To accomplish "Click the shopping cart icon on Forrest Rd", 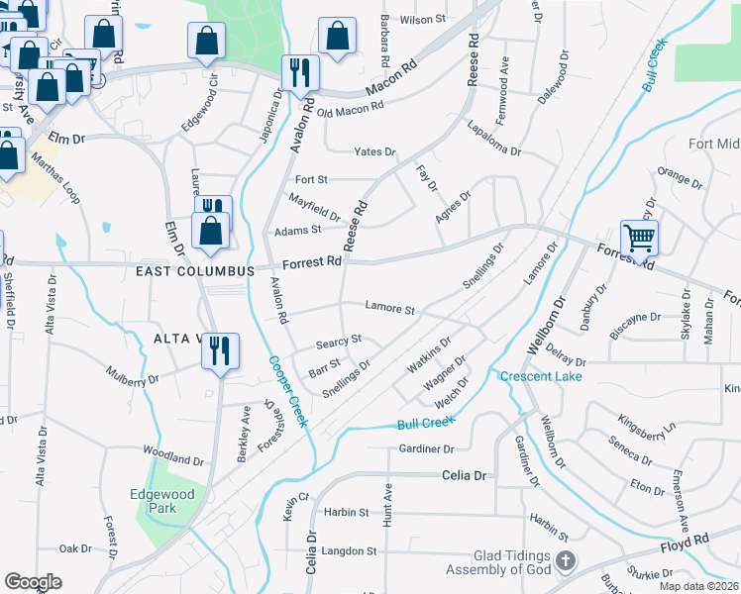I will (x=639, y=238).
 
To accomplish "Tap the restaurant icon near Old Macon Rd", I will (x=298, y=71).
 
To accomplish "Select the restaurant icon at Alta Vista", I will (x=220, y=349).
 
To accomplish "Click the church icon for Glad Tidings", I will (x=565, y=561).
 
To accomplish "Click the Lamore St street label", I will (x=389, y=308).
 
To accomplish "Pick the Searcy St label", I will (x=339, y=341).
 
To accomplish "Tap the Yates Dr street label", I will (x=375, y=151).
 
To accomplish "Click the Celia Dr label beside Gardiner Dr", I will (x=466, y=476).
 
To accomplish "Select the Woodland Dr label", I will (x=173, y=458).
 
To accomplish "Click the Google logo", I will (x=33, y=582).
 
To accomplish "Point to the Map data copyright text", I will (x=697, y=586).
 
